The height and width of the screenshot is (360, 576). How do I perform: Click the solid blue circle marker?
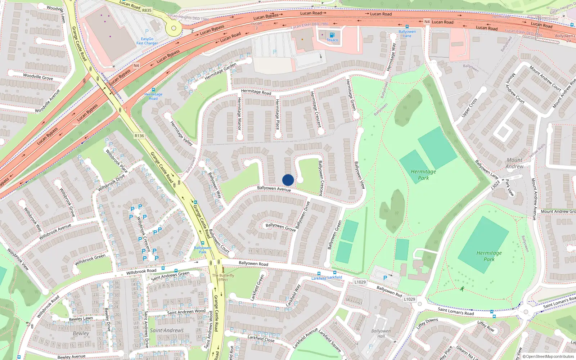click(288, 180)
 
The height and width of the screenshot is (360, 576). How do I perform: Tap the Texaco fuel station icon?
click(332, 35)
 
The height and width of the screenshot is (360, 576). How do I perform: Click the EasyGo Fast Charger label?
click(147, 41)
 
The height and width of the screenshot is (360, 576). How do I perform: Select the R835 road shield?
click(147, 10)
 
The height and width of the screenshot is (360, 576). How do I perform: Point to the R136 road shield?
click(139, 136)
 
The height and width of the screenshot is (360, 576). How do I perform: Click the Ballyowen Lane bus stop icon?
click(407, 27)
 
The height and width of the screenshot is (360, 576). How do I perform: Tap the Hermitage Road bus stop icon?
click(153, 90)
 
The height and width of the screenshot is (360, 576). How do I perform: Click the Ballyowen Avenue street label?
click(274, 189)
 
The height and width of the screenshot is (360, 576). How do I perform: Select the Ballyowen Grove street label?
click(280, 227)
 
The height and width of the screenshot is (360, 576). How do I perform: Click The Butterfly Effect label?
click(223, 277)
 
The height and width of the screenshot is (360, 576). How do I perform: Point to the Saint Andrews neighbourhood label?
click(167, 330)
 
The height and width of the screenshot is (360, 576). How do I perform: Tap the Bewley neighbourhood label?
click(81, 333)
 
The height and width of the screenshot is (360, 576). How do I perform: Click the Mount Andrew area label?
click(514, 163)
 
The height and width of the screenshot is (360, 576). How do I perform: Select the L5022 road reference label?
click(496, 185)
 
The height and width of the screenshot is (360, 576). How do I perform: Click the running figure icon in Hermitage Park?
click(462, 289)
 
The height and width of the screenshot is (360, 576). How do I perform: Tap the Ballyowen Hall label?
click(381, 333)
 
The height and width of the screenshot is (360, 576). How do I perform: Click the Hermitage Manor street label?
click(239, 113)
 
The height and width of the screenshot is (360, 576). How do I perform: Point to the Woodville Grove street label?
click(38, 77)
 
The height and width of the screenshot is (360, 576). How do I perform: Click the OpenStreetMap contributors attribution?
click(548, 356)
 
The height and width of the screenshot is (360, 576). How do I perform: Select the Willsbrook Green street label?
click(90, 259)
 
